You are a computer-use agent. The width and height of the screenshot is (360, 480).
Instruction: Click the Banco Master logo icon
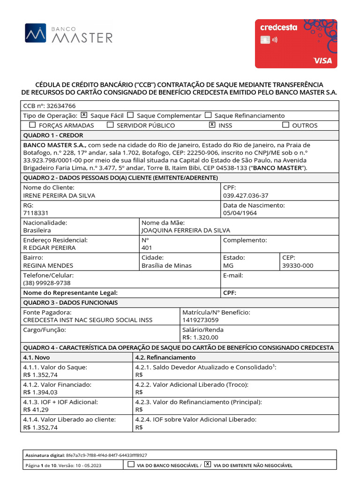[x=36, y=33]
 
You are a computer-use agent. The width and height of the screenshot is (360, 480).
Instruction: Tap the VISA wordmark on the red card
[x=322, y=60]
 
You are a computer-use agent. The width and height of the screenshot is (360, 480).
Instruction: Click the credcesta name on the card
[x=278, y=27]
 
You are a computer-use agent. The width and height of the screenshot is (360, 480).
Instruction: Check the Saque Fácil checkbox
[x=84, y=115]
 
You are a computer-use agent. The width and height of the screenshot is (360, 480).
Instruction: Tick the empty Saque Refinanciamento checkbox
[x=208, y=115]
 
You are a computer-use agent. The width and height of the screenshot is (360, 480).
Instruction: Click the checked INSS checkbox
[x=212, y=125]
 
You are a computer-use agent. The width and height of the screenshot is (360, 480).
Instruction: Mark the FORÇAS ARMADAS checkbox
[x=32, y=125]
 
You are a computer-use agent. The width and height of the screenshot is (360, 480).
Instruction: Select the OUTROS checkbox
[x=285, y=125]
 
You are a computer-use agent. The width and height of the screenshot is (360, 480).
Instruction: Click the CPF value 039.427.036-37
[x=246, y=195]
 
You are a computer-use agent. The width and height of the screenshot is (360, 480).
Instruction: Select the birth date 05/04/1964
[x=240, y=213]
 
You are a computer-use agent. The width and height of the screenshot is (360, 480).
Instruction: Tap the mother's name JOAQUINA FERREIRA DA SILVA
[x=186, y=230]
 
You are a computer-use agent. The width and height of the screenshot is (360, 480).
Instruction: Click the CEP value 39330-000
[x=298, y=265]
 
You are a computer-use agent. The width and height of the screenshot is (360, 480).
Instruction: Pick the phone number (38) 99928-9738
[x=47, y=283]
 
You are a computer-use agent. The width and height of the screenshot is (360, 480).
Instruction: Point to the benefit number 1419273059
[x=200, y=320]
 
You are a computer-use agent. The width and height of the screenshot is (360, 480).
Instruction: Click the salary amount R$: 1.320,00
[x=200, y=337]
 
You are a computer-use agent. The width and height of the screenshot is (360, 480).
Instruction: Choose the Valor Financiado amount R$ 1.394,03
[x=40, y=392]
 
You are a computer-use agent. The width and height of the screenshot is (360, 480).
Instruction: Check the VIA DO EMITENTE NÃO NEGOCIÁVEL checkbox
[x=208, y=465]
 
